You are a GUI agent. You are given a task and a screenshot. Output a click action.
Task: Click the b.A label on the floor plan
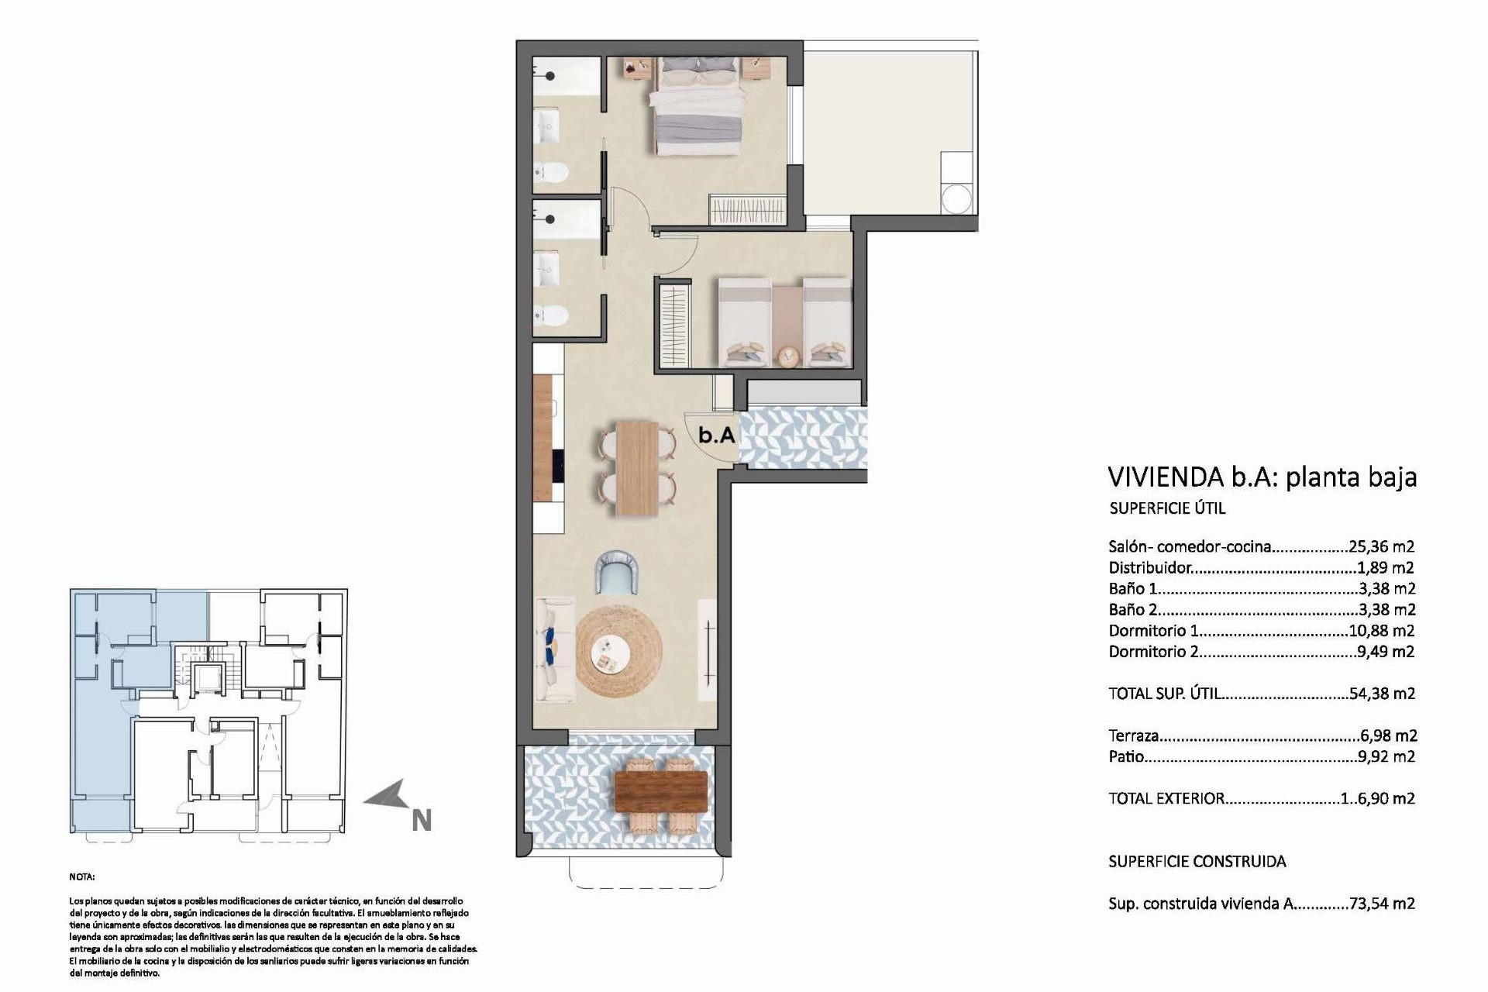pos(716,436)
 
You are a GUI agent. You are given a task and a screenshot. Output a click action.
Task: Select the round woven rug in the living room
pos(619,649)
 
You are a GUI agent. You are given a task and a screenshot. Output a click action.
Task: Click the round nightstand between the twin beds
pos(788,356)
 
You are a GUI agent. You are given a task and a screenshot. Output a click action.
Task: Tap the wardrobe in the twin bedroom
pos(673,325)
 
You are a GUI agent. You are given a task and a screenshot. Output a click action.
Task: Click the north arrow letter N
pos(421,820)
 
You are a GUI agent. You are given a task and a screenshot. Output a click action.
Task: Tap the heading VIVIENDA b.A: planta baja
pos(1262,477)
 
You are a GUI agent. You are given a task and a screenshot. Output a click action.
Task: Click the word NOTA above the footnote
pos(81,877)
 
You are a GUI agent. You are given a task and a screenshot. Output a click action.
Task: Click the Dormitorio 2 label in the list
pos(1152,652)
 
